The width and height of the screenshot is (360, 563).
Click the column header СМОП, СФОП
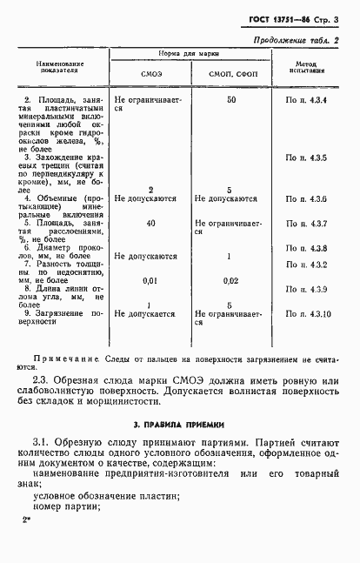[230, 75]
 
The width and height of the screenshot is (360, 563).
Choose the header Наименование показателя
[59, 68]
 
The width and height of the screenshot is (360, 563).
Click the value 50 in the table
[230, 100]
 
